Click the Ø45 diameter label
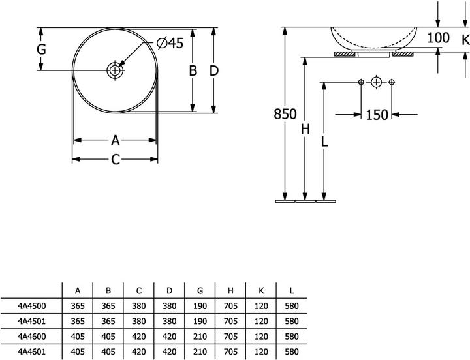click(x=169, y=44)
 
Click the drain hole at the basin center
click(x=115, y=70)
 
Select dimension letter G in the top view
click(x=40, y=50)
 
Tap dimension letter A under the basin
click(x=115, y=140)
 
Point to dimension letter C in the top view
click(x=115, y=159)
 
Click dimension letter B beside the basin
click(x=193, y=70)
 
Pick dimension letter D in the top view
click(x=213, y=70)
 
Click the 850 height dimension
click(x=285, y=114)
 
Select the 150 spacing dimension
click(x=377, y=115)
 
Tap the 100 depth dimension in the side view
click(x=439, y=38)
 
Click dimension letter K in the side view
click(x=464, y=40)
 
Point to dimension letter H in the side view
click(x=305, y=129)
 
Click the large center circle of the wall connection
click(x=376, y=82)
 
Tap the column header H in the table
click(x=230, y=290)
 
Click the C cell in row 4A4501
click(x=138, y=321)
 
